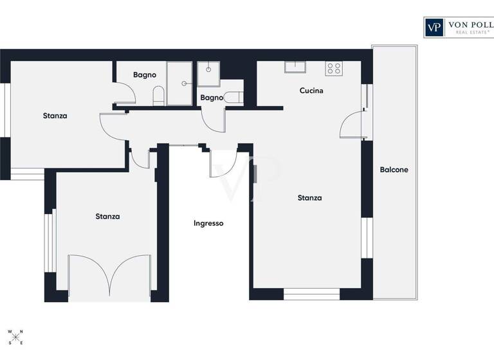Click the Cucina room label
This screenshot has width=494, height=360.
click(311, 91)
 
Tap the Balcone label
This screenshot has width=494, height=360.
click(394, 170)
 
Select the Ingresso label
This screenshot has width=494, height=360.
click(208, 223)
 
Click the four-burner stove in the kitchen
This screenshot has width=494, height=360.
click(333, 68)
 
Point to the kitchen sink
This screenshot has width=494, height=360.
click(296, 67)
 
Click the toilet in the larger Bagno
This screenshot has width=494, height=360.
click(158, 96)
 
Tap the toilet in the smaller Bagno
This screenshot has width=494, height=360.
click(234, 97)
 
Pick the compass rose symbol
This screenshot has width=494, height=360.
click(17, 337)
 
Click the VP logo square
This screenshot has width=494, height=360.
click(434, 28)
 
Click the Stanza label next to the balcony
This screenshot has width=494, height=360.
click(309, 198)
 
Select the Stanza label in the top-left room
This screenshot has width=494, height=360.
click(55, 116)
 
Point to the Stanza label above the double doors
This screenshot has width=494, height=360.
click(107, 217)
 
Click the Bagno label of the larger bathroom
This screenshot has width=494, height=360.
click(145, 75)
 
